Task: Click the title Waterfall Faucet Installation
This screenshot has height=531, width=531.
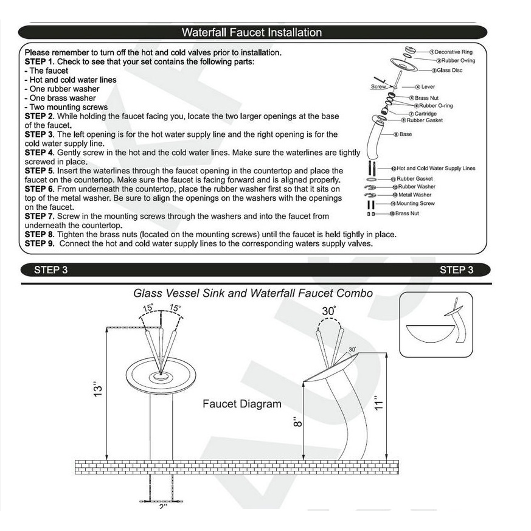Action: (x=252, y=32)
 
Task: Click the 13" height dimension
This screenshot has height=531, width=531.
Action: (x=97, y=390)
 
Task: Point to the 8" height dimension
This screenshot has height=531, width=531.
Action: (x=297, y=422)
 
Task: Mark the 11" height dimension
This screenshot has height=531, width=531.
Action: (x=378, y=403)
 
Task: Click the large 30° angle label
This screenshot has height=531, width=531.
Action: (x=329, y=311)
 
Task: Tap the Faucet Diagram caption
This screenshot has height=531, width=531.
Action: (x=242, y=404)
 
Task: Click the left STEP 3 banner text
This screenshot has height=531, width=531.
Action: (x=51, y=270)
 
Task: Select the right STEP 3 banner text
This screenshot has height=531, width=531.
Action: (x=457, y=270)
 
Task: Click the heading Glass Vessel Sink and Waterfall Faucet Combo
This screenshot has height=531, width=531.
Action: (x=253, y=293)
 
